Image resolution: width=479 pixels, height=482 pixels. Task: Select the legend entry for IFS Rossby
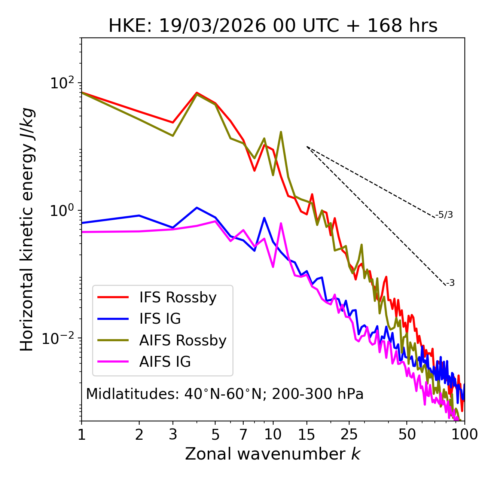click(x=178, y=298)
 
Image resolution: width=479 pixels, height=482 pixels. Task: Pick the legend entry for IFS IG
click(x=160, y=319)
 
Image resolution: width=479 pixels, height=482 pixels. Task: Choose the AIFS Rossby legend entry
click(x=183, y=341)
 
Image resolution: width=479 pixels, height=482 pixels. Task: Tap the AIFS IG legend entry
click(x=165, y=362)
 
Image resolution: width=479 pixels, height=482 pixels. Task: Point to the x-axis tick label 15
click(x=307, y=434)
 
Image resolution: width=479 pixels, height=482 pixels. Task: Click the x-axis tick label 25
click(x=349, y=434)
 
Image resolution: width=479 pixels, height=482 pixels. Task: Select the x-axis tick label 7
click(x=243, y=434)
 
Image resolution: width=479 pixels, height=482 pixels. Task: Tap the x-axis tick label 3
click(x=173, y=434)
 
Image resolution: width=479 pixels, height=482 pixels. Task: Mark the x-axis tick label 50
click(x=407, y=434)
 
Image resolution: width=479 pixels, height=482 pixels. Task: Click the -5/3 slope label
click(x=444, y=215)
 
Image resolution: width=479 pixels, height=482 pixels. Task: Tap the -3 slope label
click(x=450, y=283)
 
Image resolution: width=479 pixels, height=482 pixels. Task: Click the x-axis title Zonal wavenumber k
click(x=273, y=454)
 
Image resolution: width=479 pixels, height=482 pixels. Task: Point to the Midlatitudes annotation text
click(x=225, y=394)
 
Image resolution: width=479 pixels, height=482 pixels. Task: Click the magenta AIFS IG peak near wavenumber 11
click(x=281, y=224)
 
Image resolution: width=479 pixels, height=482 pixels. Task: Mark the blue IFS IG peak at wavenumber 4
click(x=197, y=208)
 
